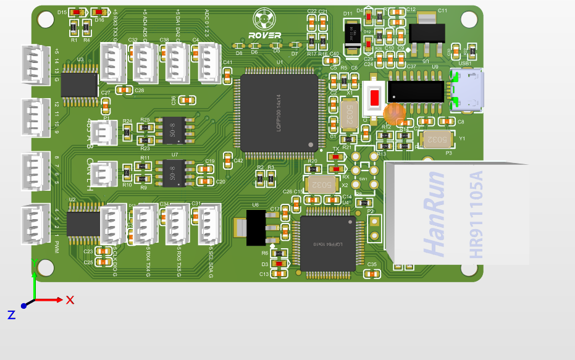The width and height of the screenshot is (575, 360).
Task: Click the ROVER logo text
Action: click(x=264, y=35)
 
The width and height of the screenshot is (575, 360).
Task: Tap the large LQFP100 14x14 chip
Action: click(x=279, y=112)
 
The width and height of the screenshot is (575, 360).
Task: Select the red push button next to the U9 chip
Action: click(x=374, y=97)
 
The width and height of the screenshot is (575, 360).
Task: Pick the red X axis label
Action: click(x=70, y=300)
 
